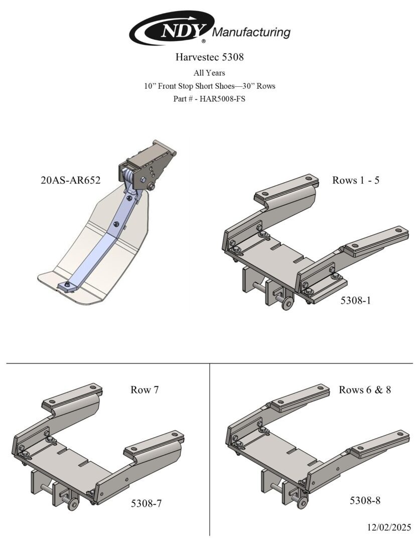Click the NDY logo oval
click(x=172, y=28)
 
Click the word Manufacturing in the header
click(x=251, y=33)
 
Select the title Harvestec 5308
click(x=210, y=57)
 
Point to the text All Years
click(x=209, y=73)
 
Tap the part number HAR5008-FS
click(x=223, y=98)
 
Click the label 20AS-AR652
click(x=71, y=180)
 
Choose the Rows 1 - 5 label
click(x=356, y=180)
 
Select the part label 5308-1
click(x=356, y=301)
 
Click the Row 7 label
click(x=145, y=389)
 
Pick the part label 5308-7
click(x=146, y=503)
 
